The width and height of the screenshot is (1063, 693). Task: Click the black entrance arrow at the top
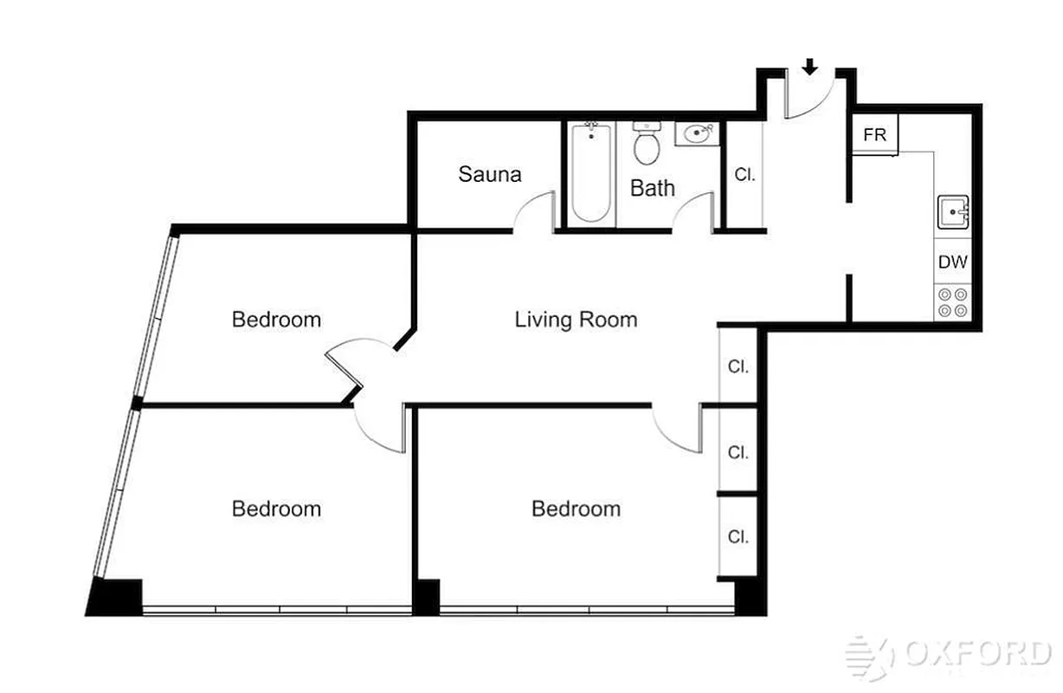click(x=810, y=67)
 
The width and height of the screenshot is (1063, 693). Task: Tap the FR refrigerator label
click(x=875, y=136)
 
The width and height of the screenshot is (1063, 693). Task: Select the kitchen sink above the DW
click(x=953, y=211)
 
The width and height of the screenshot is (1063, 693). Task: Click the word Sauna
click(x=490, y=174)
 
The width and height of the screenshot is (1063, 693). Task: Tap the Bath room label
click(x=652, y=188)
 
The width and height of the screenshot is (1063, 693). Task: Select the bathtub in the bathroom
click(x=592, y=172)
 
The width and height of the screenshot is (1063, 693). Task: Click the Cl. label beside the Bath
click(x=744, y=174)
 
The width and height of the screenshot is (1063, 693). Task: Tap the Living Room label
click(x=576, y=320)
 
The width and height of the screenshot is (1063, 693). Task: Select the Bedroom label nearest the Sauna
click(x=276, y=320)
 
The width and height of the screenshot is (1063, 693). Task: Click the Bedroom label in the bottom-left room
click(x=276, y=508)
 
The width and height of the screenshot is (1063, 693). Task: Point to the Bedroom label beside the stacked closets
click(x=576, y=508)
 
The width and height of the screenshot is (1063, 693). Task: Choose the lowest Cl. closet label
click(x=738, y=537)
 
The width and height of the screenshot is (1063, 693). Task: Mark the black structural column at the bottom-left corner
click(x=116, y=597)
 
